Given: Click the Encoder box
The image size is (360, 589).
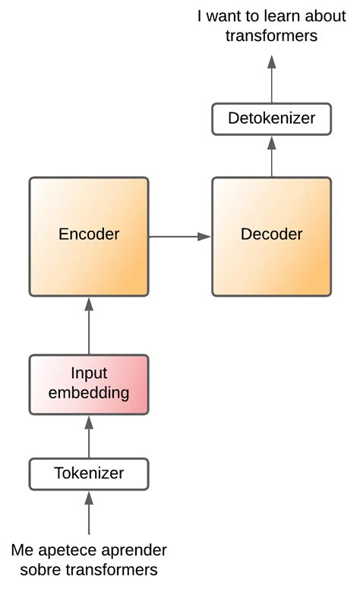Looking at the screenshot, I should (89, 236).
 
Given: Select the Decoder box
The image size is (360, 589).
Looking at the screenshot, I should (271, 236).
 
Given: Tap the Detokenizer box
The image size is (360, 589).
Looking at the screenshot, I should (271, 119).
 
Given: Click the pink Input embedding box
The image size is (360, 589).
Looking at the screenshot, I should (89, 383).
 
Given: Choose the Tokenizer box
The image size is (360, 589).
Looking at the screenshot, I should (89, 474).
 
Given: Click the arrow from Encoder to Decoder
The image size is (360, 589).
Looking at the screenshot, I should (179, 237).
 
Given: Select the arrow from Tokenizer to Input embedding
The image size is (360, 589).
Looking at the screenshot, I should (89, 435).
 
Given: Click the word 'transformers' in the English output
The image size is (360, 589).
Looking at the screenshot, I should (271, 36).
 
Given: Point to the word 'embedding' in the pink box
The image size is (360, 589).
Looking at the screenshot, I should (89, 393).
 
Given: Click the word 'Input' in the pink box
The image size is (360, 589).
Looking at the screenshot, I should (89, 373).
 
